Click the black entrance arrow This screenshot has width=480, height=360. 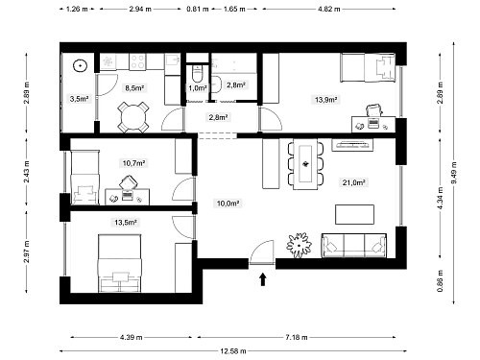263,279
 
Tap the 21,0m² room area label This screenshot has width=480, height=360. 354,182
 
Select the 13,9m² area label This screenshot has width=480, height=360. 325,100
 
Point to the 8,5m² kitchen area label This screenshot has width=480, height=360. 134,88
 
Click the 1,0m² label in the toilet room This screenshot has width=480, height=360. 198,88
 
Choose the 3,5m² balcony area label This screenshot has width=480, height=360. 79,99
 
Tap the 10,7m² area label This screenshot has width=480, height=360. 134,163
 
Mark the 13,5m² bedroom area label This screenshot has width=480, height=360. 126,222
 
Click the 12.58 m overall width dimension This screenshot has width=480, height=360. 233,351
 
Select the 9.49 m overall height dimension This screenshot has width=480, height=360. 454,173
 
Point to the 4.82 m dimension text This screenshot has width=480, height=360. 329,9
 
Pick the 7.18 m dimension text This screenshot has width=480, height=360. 297,337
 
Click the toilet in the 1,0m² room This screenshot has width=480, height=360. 198,74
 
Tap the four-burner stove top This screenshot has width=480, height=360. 137,61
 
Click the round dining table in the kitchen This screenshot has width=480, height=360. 133,117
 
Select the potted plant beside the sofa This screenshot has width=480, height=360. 299,245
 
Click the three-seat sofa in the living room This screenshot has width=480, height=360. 354,246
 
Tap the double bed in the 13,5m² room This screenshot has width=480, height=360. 120,263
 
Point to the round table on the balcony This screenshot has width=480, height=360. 80,66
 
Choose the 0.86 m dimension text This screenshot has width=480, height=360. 440,281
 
